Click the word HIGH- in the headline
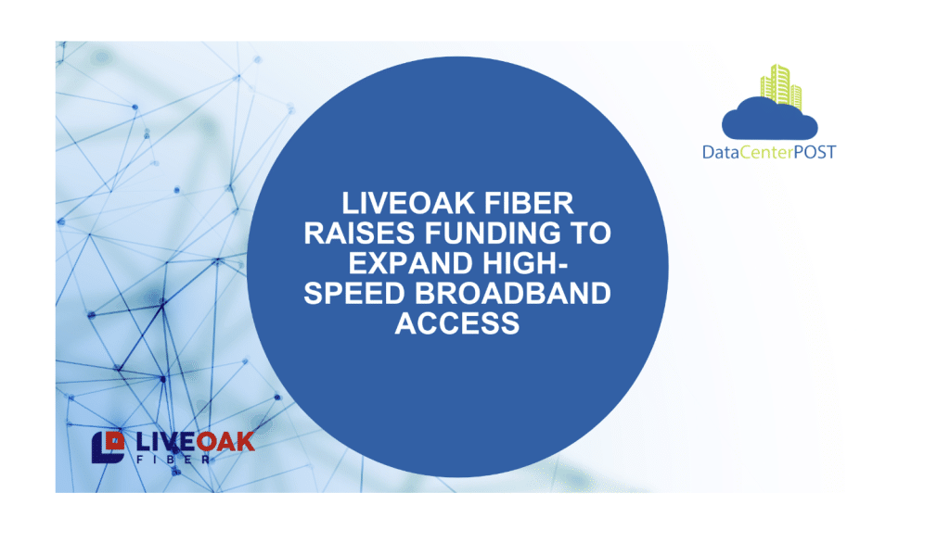click(x=525, y=263)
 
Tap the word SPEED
click(x=354, y=294)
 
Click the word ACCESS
click(x=457, y=323)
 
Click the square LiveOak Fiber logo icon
click(x=108, y=448)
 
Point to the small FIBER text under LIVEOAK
click(x=173, y=460)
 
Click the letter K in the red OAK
click(x=245, y=442)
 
